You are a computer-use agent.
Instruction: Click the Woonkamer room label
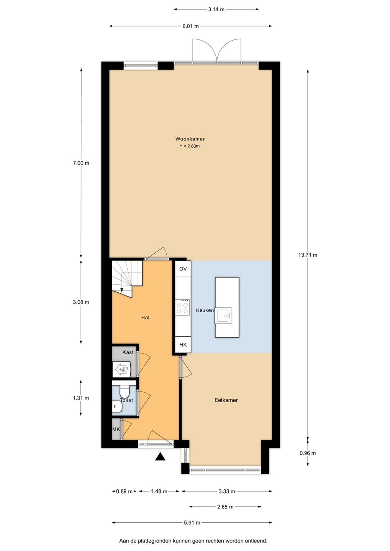point(190,139)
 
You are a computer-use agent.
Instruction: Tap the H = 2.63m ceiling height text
point(189,146)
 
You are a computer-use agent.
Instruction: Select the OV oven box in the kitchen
point(183,269)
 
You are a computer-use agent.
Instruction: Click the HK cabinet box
point(183,345)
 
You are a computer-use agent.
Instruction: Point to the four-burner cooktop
point(182,307)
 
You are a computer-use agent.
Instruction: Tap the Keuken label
point(205,310)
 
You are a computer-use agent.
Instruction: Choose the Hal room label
point(145,318)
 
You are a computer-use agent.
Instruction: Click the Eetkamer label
point(226,400)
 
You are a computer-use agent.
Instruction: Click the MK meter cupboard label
point(116,429)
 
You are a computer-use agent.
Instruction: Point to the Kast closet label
point(128,352)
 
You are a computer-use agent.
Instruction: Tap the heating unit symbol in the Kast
point(122,369)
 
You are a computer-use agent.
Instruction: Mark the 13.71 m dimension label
point(308,255)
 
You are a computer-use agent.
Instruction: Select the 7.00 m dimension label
point(81,163)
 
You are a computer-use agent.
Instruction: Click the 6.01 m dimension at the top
point(190,26)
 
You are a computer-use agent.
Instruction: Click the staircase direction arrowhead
point(121,290)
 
